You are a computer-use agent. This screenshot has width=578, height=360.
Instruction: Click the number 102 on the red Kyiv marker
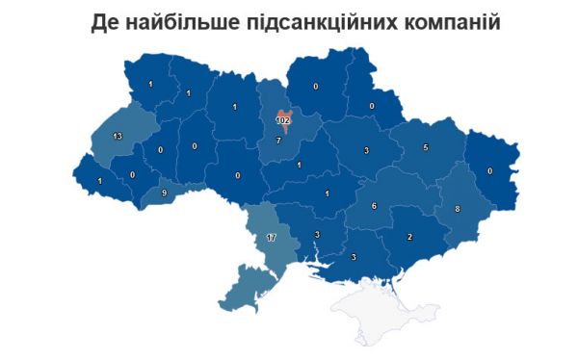[283, 121]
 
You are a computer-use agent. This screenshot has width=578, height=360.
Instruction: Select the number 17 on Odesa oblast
[272, 237]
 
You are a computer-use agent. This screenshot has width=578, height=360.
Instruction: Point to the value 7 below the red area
[278, 141]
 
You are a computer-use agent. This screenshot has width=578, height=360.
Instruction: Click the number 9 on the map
[165, 193]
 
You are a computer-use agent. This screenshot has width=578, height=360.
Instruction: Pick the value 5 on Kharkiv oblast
[425, 148]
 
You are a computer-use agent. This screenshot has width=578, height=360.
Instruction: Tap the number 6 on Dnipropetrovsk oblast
[374, 206]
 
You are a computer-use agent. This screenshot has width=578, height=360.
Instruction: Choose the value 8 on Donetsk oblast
[457, 209]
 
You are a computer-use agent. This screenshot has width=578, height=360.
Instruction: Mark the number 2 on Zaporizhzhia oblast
[409, 236]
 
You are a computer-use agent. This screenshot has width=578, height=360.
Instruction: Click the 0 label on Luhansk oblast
[489, 170]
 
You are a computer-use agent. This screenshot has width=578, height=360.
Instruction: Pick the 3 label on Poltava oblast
[366, 151]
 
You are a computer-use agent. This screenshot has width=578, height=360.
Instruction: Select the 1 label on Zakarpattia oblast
[98, 181]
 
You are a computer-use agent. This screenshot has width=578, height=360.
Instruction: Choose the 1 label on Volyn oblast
[150, 85]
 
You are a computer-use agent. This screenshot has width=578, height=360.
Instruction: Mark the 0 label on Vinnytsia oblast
[238, 176]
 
